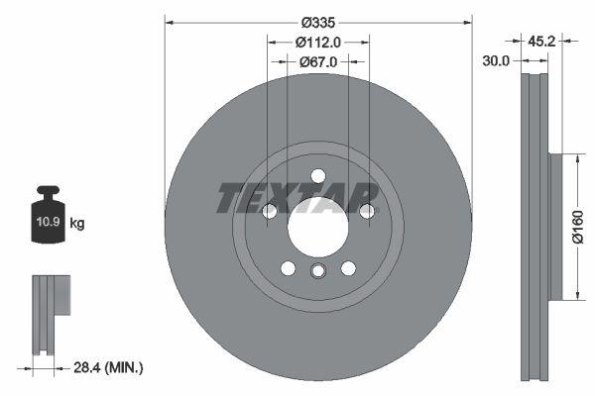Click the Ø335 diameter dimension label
point(318,22)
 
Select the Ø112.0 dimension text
point(318,42)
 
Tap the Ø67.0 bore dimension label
point(318,61)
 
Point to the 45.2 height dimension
point(540,42)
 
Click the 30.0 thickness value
point(496,60)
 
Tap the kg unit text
point(77,223)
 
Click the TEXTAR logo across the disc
point(297,198)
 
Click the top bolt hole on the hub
point(318,176)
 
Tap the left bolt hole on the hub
point(269,211)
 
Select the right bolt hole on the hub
point(367,211)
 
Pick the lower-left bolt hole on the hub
point(288,268)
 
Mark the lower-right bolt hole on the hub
point(348,268)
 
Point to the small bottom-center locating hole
point(318,273)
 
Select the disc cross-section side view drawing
point(535,226)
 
